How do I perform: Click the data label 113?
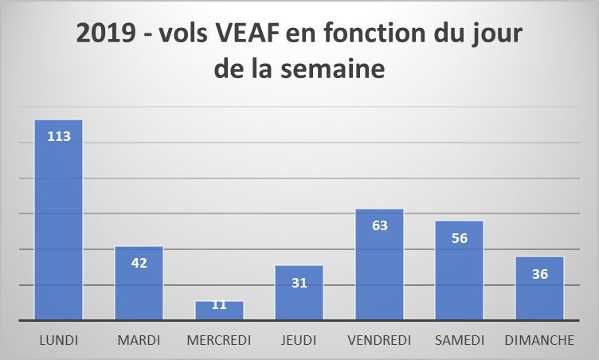[x=59, y=136]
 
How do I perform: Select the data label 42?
[x=139, y=263]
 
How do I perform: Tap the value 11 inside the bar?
[x=219, y=305]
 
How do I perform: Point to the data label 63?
[x=379, y=225]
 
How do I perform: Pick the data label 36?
[x=539, y=273]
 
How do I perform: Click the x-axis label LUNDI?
[x=59, y=340]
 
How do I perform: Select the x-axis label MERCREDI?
[x=219, y=340]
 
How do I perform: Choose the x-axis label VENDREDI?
[x=379, y=340]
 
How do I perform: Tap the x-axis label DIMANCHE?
[x=539, y=340]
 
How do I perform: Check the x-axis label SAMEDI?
[x=459, y=340]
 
